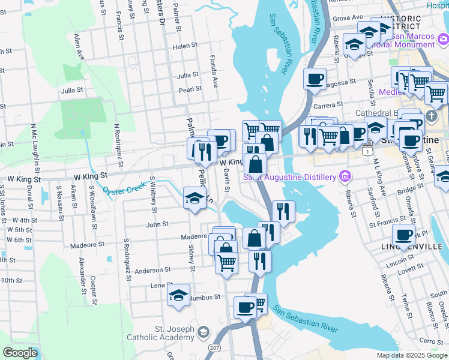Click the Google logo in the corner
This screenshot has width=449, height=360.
[x=20, y=353]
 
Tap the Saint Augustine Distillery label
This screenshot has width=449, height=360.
[x=288, y=177]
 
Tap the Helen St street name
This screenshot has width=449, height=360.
[x=185, y=46]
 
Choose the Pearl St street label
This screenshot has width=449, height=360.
[x=190, y=90]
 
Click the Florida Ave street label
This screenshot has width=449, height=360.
[x=212, y=68]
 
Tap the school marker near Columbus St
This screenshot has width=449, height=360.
[x=178, y=296]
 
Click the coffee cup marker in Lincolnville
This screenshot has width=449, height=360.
[x=403, y=235]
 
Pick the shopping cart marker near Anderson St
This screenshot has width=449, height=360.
[x=226, y=262]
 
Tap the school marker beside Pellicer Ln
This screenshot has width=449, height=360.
[x=194, y=197]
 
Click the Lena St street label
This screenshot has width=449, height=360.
[x=158, y=285]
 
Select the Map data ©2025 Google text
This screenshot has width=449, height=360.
[x=412, y=355]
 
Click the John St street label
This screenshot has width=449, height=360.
[x=157, y=224]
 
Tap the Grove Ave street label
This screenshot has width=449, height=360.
[x=348, y=18]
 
